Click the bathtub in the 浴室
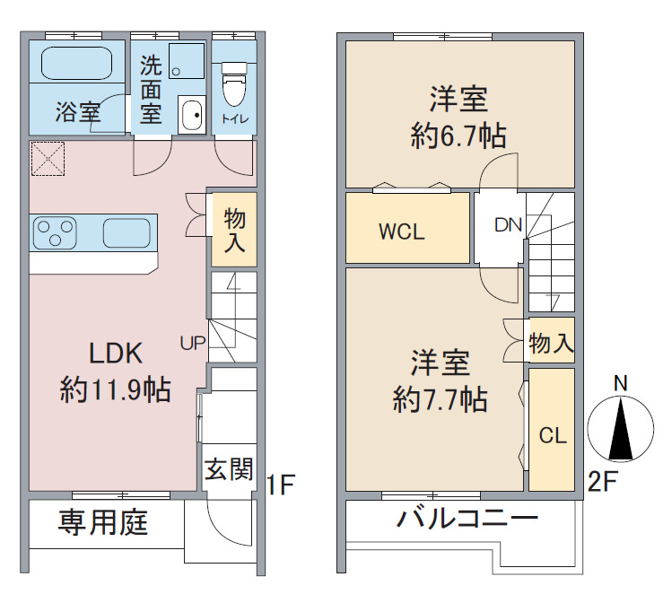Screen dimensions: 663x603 coord(77,63)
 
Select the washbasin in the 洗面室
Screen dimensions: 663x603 coord(191,115)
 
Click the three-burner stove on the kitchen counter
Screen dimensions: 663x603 coord(55,232)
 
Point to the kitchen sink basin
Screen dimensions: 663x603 coord(126,233)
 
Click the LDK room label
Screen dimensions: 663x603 coord(116,354)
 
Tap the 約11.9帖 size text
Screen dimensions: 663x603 coord(116,389)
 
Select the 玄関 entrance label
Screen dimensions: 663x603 coord(229,468)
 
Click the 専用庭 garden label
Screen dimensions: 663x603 coord(103,522)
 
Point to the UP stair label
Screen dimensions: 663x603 coord(193,343)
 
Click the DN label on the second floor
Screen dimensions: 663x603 coord(509,225)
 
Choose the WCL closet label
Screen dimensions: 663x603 coord(402,232)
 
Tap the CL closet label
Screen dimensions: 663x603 coord(553,435)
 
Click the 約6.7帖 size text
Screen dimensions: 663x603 coord(458,135)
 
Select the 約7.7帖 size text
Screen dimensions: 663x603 coord(441,399)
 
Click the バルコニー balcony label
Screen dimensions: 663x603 coord(467,518)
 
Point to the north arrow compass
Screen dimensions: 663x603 coord(620,428)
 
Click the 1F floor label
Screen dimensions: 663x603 coord(280,485)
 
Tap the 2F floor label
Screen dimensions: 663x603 coord(603,481)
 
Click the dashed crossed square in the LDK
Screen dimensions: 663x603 coord(48,159)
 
